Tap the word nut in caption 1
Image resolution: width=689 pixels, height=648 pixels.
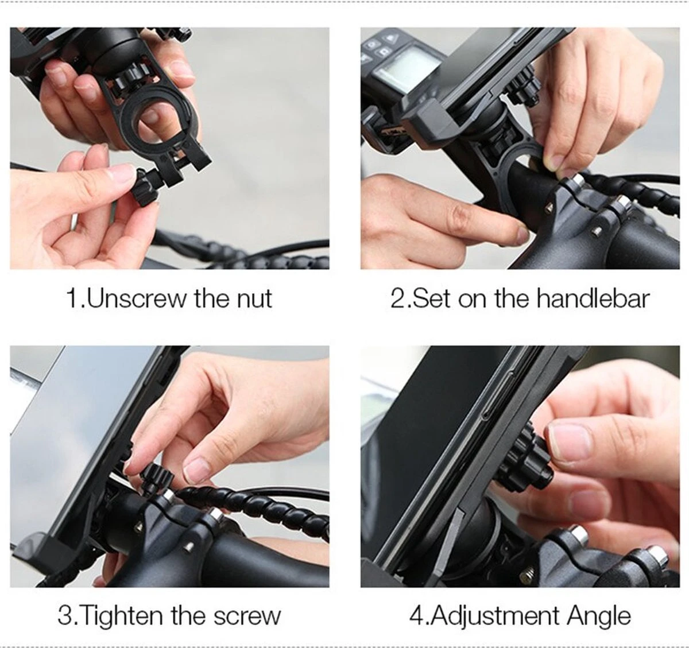point(254,298)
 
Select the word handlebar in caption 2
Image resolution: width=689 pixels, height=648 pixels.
point(593,298)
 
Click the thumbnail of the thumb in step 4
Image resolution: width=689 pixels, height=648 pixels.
point(570,443)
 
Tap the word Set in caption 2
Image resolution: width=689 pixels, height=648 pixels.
point(433,298)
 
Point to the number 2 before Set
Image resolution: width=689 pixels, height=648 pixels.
point(397,298)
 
